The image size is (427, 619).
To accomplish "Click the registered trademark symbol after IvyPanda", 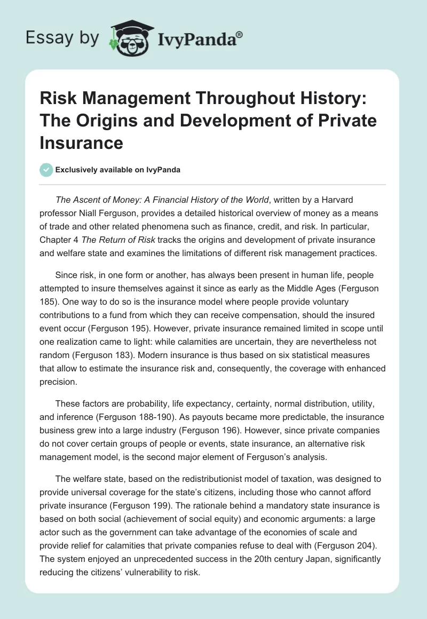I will click(x=240, y=35).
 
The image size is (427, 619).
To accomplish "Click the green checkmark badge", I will click(x=46, y=170).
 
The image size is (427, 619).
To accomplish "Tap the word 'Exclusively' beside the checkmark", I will click(x=78, y=170).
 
